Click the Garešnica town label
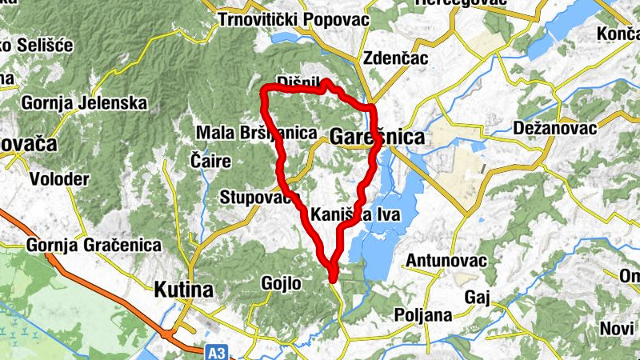click(376, 138)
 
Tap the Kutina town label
click(184, 289)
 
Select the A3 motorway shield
click(214, 350)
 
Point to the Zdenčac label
click(395, 58)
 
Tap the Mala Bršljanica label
click(257, 133)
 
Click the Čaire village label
click(211, 161)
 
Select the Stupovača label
click(259, 197)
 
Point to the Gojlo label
click(281, 282)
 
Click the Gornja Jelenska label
click(84, 103)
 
